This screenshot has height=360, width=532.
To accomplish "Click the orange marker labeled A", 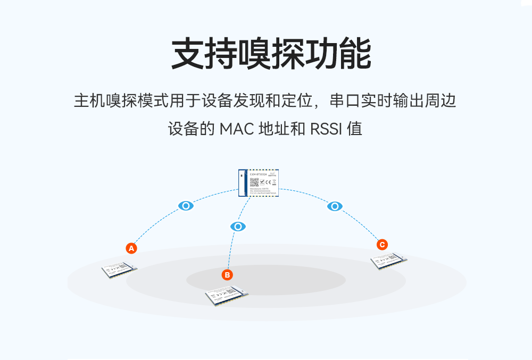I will (131, 248).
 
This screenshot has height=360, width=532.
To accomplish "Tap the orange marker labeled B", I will (227, 275).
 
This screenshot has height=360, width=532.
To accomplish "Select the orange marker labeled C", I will (381, 245).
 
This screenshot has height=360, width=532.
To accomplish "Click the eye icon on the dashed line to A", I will (186, 206).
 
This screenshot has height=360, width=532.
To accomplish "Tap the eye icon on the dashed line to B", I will (238, 227).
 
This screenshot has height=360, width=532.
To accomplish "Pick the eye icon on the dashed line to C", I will (334, 206).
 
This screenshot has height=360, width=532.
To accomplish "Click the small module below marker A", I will (120, 270).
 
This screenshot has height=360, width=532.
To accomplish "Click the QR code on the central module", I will (254, 182).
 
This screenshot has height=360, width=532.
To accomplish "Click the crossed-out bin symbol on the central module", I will (275, 182).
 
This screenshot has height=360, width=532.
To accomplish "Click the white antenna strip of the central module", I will (242, 183).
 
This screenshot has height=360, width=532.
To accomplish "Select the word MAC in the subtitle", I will (236, 129).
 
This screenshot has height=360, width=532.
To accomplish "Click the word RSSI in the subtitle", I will (326, 129).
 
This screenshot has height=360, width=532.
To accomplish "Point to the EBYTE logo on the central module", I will (273, 173).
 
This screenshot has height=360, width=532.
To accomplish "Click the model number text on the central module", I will (259, 174).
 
